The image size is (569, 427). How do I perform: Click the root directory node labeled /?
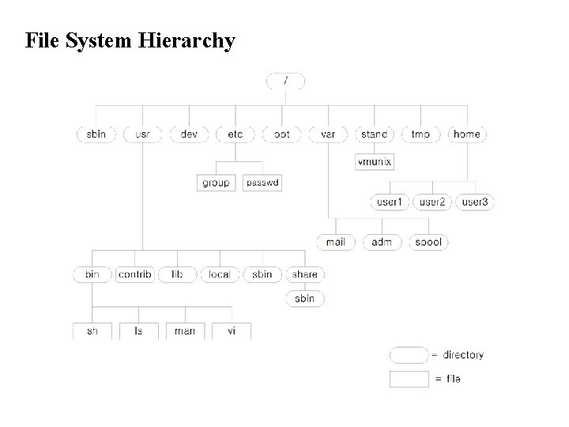[285, 81]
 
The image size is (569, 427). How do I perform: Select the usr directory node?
[142, 134]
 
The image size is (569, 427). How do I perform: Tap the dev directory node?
[189, 134]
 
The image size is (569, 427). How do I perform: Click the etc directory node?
[236, 134]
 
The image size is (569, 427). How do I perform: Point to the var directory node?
[328, 134]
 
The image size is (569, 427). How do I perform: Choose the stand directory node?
[374, 134]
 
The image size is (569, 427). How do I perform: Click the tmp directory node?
[420, 134]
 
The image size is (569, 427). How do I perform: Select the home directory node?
[467, 134]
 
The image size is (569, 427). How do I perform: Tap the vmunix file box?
[375, 162]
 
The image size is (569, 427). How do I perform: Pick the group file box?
[216, 183]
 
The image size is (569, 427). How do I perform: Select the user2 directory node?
[432, 202]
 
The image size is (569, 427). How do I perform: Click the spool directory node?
[428, 242]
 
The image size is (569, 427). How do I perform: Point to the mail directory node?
[336, 242]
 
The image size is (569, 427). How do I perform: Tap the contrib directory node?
[134, 274]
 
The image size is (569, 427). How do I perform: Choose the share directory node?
[305, 274]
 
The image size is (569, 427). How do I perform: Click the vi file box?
[232, 331]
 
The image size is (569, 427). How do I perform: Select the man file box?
[185, 331]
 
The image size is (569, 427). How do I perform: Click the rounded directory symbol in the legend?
[409, 355]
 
